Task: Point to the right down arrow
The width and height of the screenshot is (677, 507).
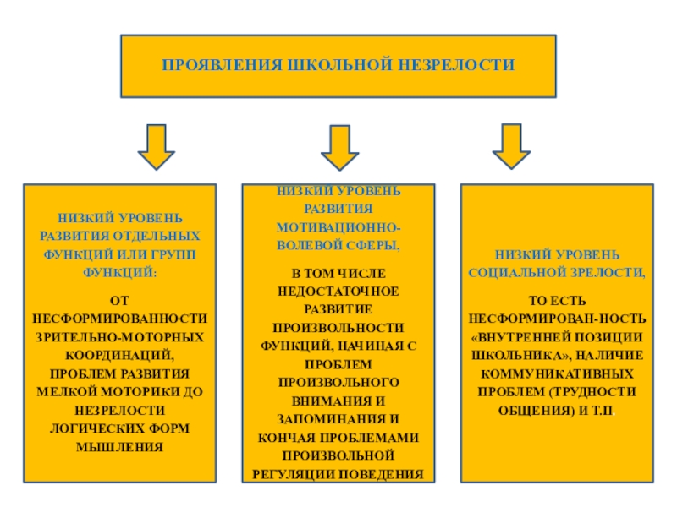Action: (511, 146)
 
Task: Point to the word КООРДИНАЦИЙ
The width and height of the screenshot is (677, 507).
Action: (119, 356)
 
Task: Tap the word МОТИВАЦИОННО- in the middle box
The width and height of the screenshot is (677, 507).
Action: (338, 229)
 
